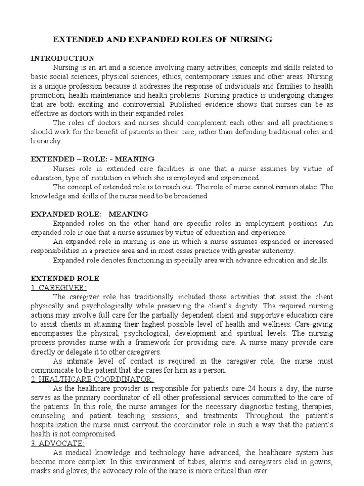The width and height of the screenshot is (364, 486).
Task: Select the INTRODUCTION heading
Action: [63, 58]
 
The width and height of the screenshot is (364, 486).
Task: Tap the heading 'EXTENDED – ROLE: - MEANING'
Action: [92, 159]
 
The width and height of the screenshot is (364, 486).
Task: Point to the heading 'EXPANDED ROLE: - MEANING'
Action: [90, 214]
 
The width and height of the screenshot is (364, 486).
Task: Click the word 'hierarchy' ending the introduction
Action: [45, 141]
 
